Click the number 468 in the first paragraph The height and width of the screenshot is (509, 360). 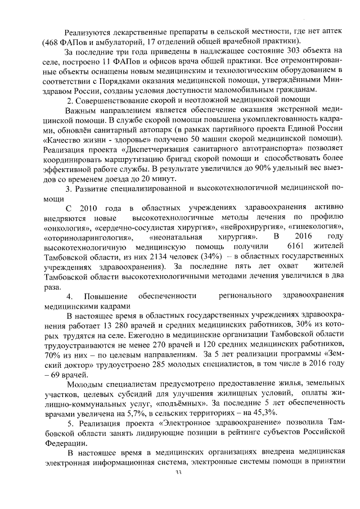(52, 42)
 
